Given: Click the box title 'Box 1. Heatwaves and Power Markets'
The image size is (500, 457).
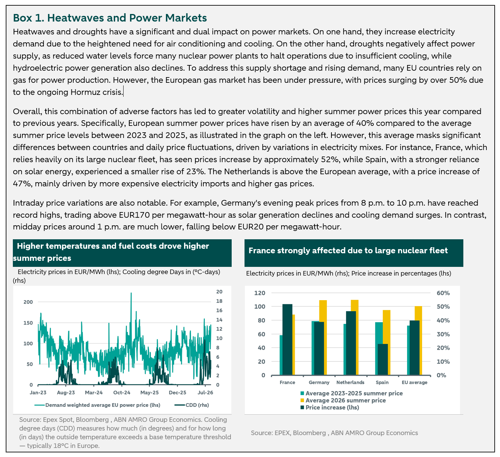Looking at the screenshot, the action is tap(110, 18).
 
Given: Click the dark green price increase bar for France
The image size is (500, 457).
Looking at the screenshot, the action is tap(287, 339).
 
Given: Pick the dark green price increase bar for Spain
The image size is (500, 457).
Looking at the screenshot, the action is tap(382, 359).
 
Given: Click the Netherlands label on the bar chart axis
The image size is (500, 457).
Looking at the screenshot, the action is tap(350, 382).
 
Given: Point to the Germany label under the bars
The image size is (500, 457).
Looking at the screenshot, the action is tap(319, 382).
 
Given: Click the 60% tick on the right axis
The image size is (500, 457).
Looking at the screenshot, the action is tap(443, 293).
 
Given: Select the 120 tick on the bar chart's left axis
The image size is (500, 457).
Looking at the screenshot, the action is tap(260, 293).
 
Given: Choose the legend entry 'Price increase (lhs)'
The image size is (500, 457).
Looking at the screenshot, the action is tap(330, 407).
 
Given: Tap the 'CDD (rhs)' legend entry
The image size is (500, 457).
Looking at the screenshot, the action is tap(192, 405).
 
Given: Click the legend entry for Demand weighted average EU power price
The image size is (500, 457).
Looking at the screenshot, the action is tap(97, 405).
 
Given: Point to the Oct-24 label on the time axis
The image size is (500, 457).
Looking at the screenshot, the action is tap(122, 392).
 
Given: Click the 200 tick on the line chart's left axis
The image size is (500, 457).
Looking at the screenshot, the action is tap(28, 302).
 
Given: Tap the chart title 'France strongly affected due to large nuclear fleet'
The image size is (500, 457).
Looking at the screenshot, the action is tap(348, 250).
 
